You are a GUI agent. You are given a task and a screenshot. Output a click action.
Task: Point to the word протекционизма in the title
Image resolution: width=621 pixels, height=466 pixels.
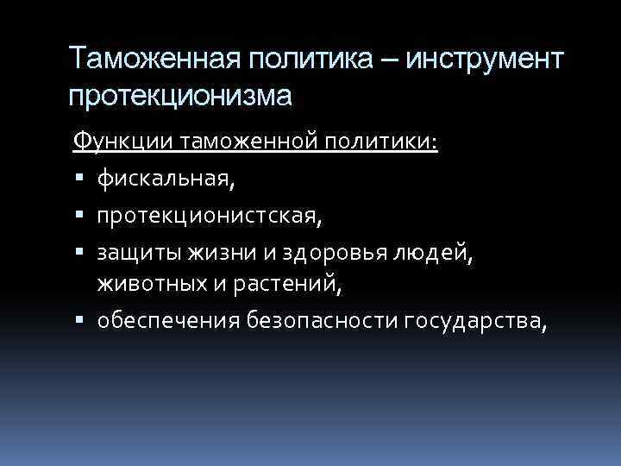(180, 94)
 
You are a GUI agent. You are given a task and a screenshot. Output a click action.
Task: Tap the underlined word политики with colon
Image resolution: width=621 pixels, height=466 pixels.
(389, 140)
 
